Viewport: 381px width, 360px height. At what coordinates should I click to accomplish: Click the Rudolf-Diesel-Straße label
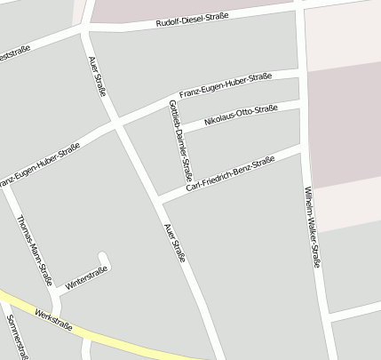tap(191, 21)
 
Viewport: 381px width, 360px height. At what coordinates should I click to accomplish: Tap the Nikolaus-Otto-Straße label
tap(241, 115)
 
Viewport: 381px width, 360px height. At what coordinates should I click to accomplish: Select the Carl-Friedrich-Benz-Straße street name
tap(229, 176)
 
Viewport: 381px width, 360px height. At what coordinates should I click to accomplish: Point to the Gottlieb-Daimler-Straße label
tap(179, 140)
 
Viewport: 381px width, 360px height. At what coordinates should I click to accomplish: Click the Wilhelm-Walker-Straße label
tap(312, 228)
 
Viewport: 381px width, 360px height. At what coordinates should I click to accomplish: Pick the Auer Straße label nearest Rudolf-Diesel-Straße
tap(98, 76)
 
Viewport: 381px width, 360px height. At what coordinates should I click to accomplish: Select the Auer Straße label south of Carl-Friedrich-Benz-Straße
tap(174, 242)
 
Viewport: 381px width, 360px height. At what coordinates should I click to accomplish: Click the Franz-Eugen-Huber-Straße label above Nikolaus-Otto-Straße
tap(225, 86)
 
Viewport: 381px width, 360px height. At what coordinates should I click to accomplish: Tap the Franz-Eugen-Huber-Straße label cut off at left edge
tap(39, 165)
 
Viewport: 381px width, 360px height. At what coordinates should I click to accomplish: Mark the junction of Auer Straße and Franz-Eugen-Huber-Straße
tap(116, 123)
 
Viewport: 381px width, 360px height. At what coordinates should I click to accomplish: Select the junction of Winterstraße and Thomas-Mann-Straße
tap(55, 291)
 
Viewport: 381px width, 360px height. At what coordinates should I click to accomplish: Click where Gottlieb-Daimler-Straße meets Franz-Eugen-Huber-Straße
tap(169, 100)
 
